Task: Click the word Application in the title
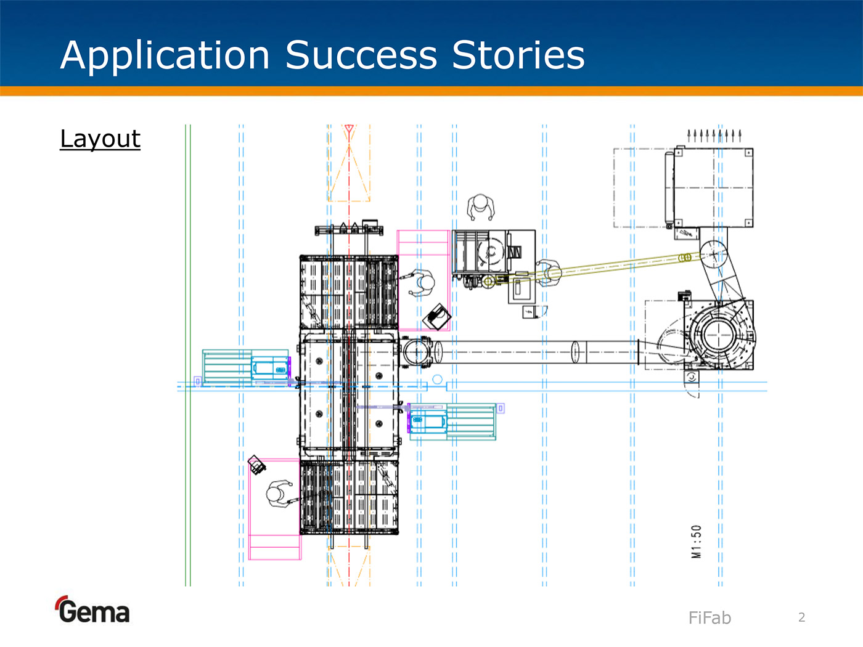tap(165, 55)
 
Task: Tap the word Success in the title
tap(361, 55)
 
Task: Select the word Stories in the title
tap(518, 55)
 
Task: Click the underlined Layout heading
tap(100, 139)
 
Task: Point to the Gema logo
tap(93, 610)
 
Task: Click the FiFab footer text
tap(710, 617)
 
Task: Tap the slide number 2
tap(801, 617)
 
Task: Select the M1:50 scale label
tap(697, 542)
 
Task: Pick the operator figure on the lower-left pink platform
tap(279, 494)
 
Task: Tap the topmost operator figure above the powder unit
tap(480, 206)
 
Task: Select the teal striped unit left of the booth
tap(227, 368)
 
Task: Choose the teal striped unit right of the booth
tap(472, 421)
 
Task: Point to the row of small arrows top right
tap(714, 135)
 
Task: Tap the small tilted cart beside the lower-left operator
tap(256, 465)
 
